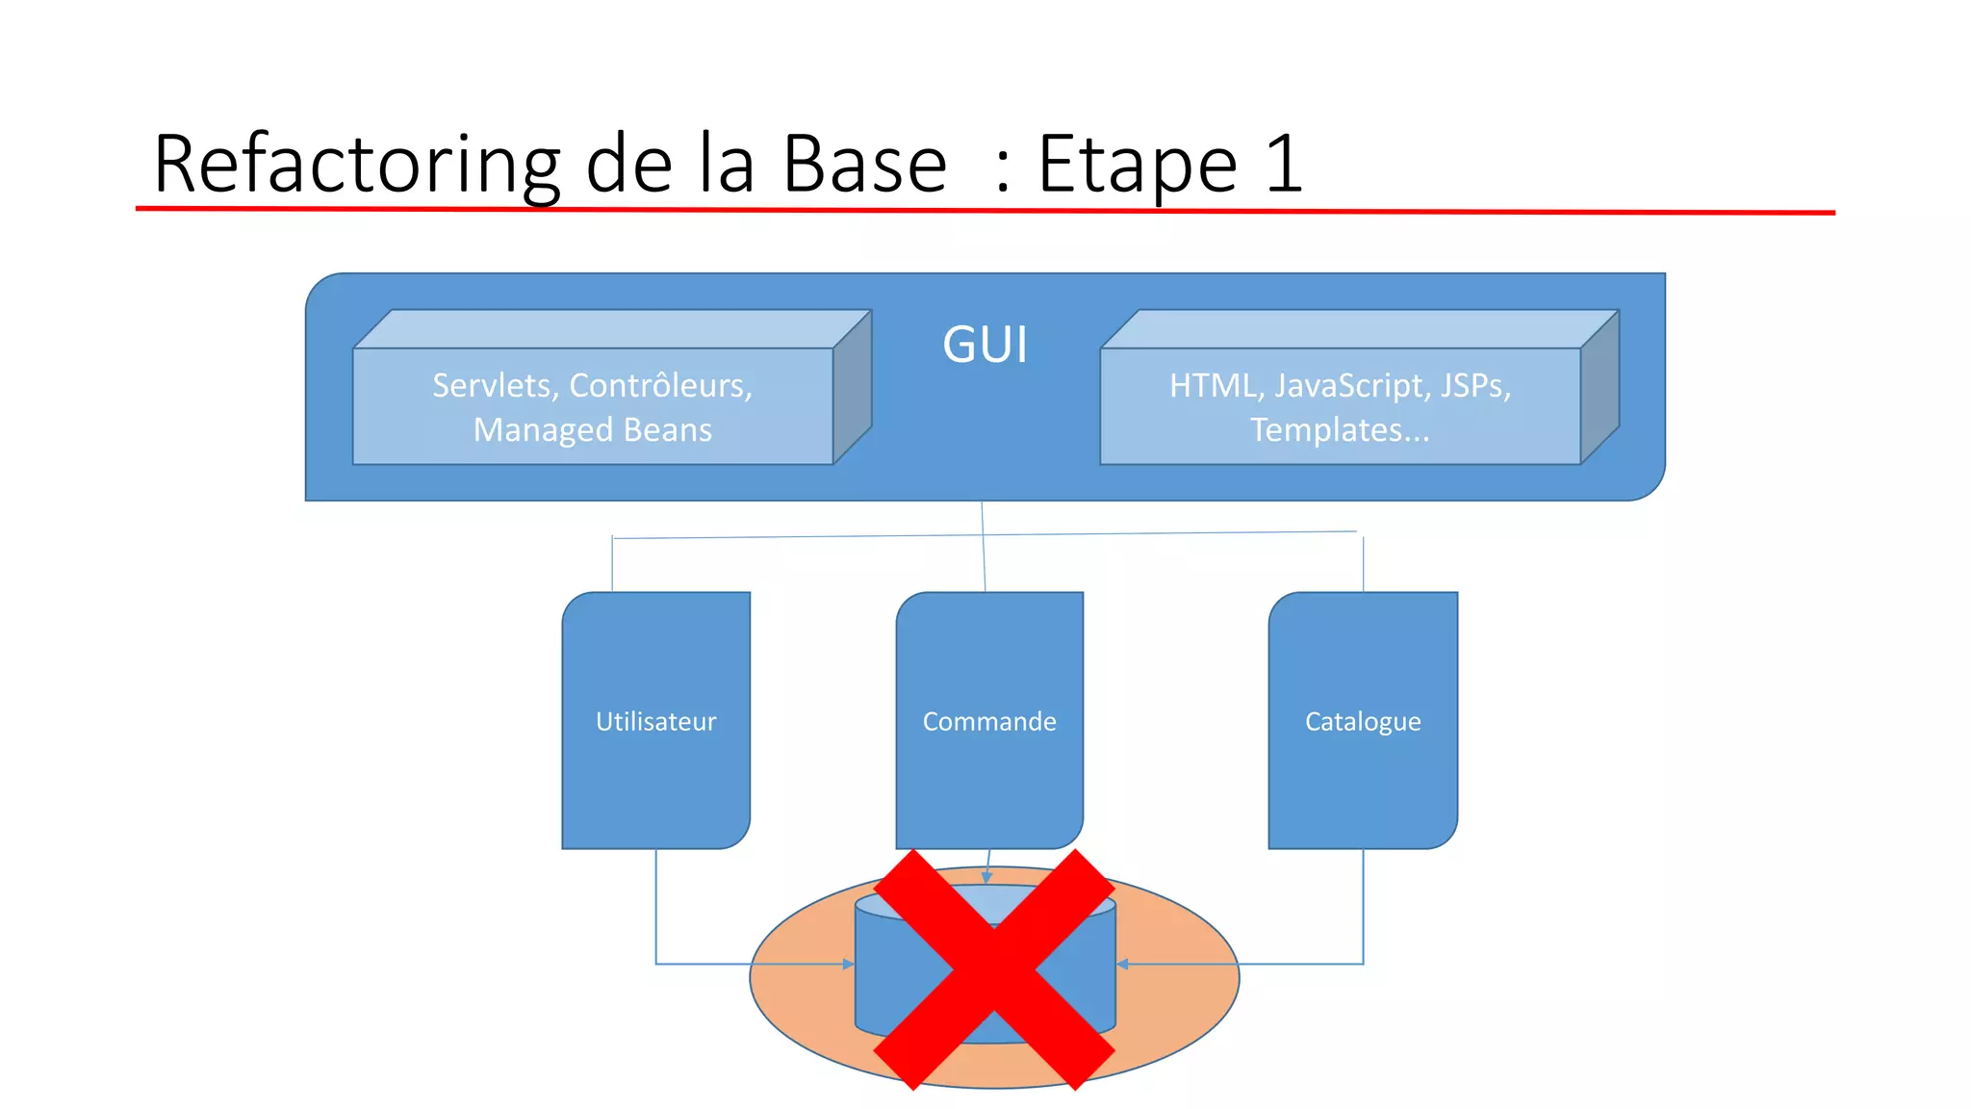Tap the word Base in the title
click(864, 164)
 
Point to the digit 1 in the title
click(1284, 164)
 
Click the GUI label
click(985, 345)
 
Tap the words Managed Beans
click(593, 429)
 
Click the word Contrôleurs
click(660, 386)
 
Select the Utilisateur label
click(655, 721)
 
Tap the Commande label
click(989, 721)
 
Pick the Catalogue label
click(1363, 721)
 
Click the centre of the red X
click(994, 968)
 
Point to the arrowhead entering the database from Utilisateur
click(849, 964)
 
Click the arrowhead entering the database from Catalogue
click(1122, 964)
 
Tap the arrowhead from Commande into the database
click(986, 877)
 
